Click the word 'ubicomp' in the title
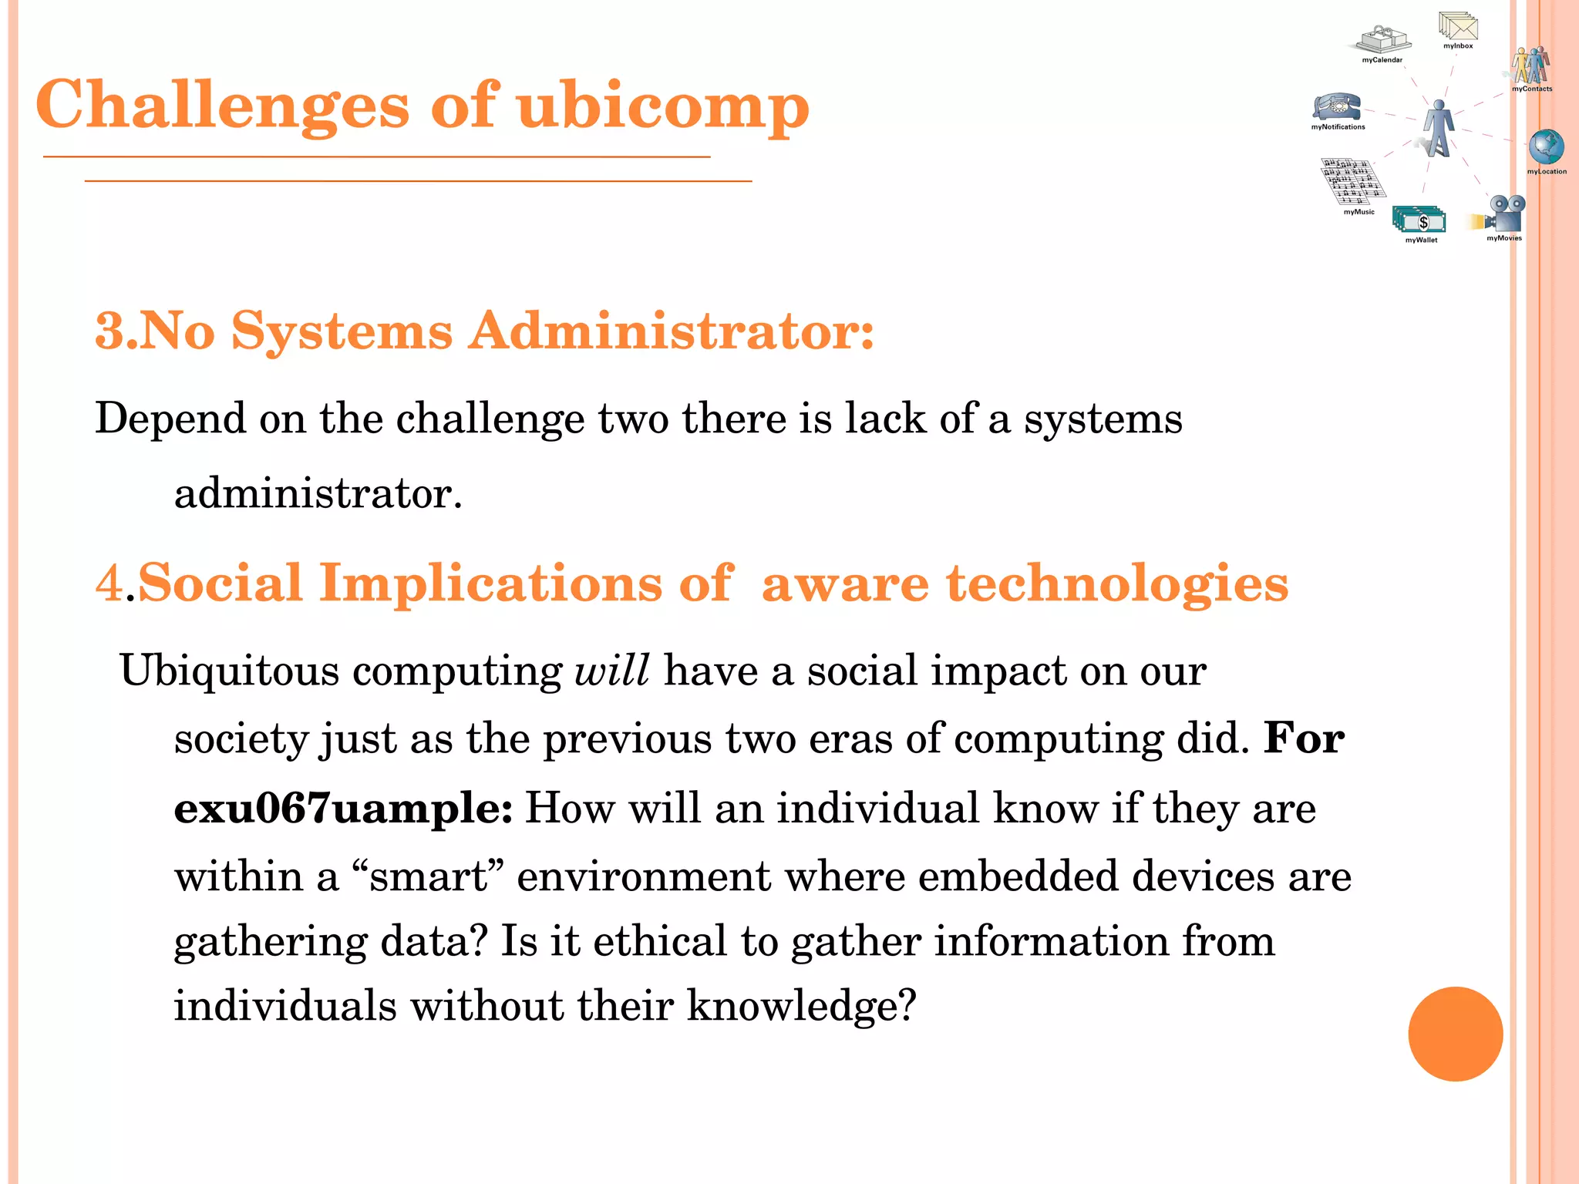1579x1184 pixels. pos(663,106)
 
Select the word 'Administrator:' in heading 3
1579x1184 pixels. pos(671,331)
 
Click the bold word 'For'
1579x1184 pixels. pos(1305,739)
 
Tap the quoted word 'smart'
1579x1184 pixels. pos(428,877)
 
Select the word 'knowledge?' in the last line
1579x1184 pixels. pos(801,1007)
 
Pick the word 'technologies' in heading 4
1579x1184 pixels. pos(1117,584)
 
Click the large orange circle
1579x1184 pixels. pos(1455,1034)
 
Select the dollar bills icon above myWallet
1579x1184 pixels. pos(1419,220)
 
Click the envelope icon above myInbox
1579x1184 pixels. pos(1457,26)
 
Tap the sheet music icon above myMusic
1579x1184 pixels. pos(1352,182)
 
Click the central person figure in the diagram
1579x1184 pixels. pos(1437,128)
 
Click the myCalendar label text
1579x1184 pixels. pos(1382,60)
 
